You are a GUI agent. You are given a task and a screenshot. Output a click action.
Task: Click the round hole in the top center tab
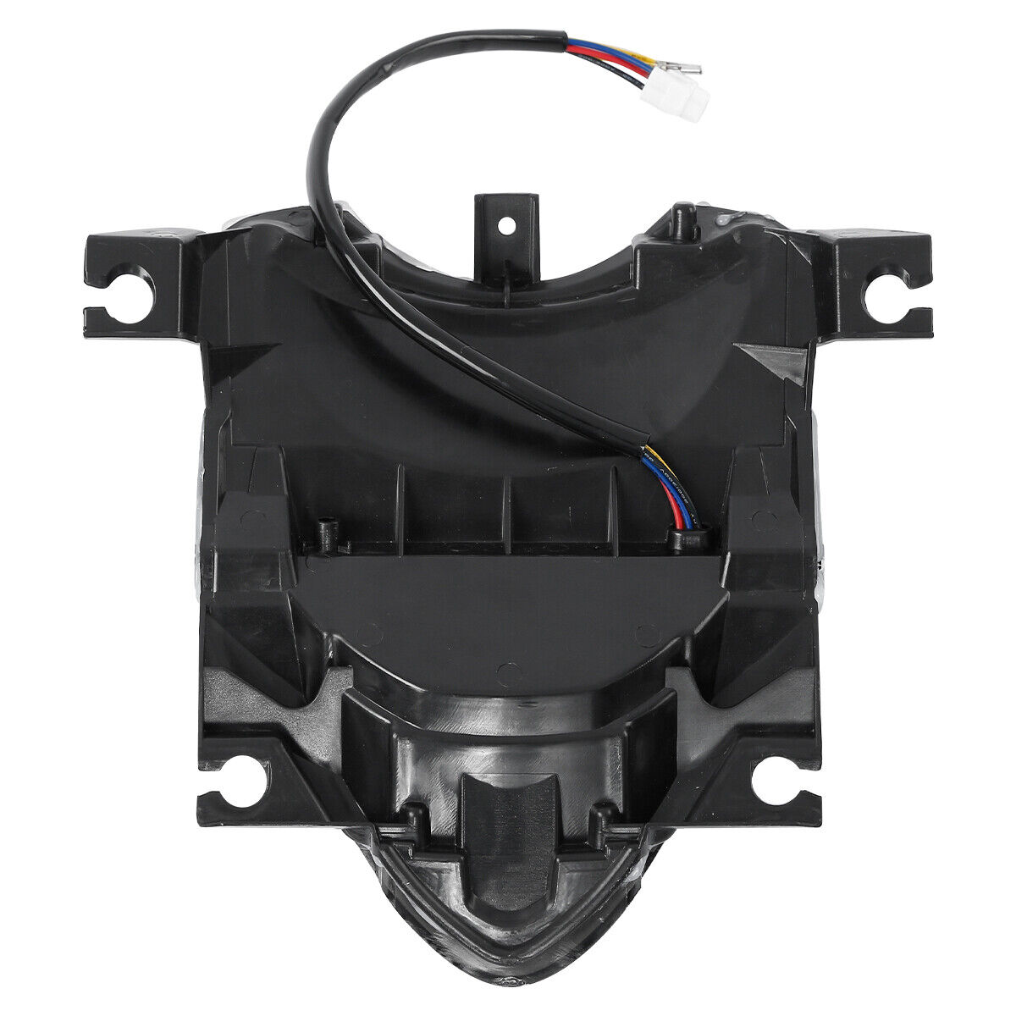(506, 224)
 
